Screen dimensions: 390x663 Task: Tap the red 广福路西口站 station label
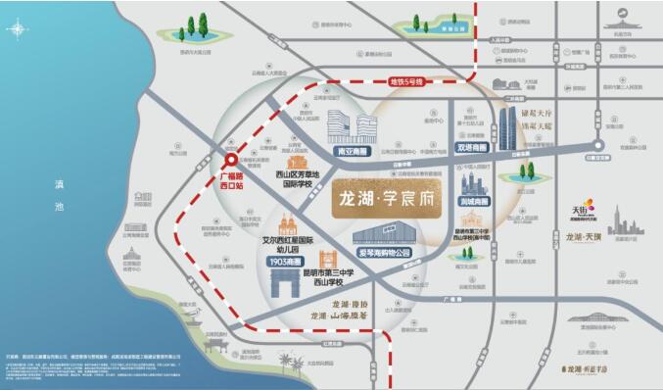[x=232, y=181]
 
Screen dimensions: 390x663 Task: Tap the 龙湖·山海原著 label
[x=344, y=316]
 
